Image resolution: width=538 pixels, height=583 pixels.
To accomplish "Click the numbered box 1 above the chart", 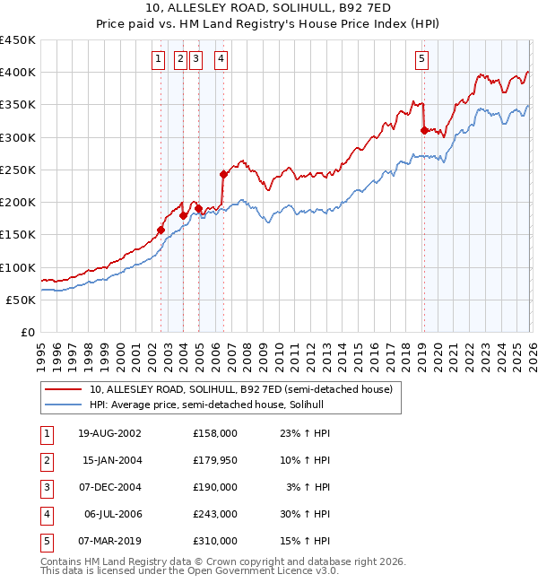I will (158, 60).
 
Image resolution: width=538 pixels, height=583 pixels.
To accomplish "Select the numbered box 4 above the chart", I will (220, 60).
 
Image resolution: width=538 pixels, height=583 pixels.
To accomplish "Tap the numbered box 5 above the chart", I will (421, 60).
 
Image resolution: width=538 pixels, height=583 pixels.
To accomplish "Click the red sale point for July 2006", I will (223, 174).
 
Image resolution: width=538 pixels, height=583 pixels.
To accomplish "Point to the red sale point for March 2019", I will (423, 130).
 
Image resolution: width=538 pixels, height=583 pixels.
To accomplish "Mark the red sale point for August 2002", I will (161, 230).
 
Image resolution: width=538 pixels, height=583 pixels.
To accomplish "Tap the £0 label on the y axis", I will (27, 333).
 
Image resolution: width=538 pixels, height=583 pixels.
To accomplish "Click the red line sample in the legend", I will (64, 390).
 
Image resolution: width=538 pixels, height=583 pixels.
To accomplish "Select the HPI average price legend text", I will (212, 405).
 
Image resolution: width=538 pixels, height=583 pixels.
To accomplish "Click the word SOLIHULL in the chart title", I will (247, 8).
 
